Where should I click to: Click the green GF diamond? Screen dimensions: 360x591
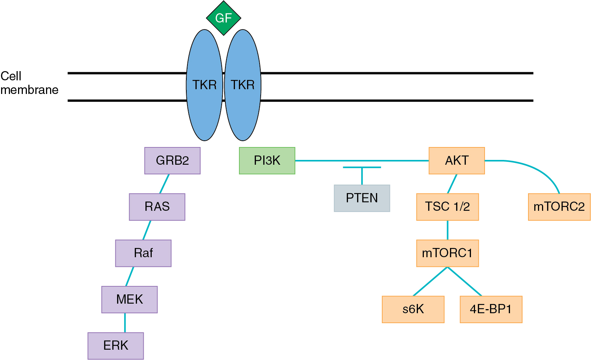[x=224, y=18]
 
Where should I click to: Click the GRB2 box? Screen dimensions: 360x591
[x=172, y=161]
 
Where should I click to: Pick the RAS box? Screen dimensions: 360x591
[x=157, y=207]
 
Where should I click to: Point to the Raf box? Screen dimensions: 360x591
[x=143, y=253]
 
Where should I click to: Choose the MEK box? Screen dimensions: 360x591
[x=129, y=299]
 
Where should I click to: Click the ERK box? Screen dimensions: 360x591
[x=116, y=346]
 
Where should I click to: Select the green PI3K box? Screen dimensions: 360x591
[x=267, y=161]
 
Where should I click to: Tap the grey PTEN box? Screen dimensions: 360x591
[x=362, y=198]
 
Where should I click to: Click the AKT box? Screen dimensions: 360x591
[x=457, y=161]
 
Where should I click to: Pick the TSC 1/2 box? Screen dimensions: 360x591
[x=447, y=207]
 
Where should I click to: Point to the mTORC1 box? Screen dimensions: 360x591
[x=447, y=253]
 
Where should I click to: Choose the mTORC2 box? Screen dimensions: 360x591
[x=559, y=207]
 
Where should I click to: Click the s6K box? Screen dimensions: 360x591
[x=413, y=309]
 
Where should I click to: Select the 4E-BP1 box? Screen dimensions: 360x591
[x=491, y=309]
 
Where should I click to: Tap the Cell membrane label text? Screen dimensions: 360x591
[x=29, y=83]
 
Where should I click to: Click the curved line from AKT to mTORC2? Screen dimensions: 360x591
[x=538, y=169]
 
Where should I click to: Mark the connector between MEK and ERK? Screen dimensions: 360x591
[x=125, y=323]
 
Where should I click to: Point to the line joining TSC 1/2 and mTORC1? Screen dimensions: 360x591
[x=447, y=230]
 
